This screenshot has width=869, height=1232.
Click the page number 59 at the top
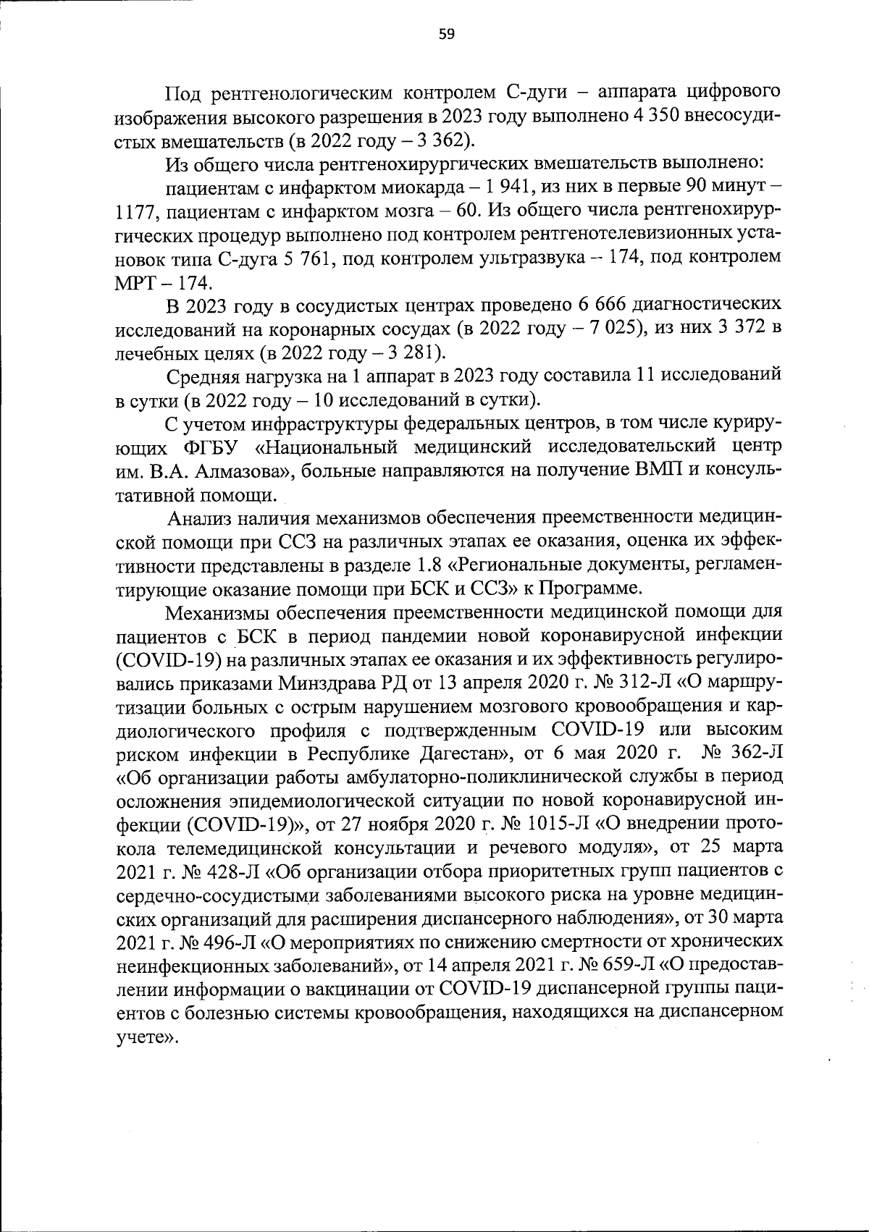click(446, 35)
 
